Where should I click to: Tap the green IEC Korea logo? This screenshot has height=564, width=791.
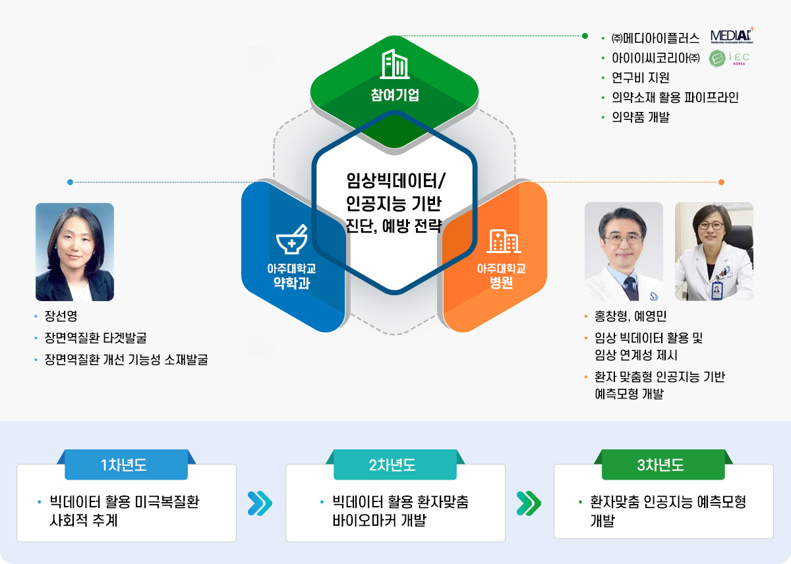pyautogui.click(x=728, y=58)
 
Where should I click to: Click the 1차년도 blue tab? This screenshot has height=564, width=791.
pyautogui.click(x=126, y=465)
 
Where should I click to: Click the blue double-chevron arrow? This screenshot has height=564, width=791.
pyautogui.click(x=260, y=503)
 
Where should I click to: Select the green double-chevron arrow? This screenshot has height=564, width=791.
pyautogui.click(x=529, y=503)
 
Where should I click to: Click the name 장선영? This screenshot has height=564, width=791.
pyautogui.click(x=61, y=316)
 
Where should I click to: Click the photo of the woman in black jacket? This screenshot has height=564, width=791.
pyautogui.click(x=74, y=252)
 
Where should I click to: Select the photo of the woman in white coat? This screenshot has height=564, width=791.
pyautogui.click(x=714, y=252)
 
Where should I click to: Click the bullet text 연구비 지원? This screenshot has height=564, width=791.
pyautogui.click(x=640, y=78)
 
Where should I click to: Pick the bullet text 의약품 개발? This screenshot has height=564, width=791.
pyautogui.click(x=640, y=117)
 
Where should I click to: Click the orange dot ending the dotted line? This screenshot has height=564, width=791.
pyautogui.click(x=722, y=182)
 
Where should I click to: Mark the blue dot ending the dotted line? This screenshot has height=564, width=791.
pyautogui.click(x=70, y=182)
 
